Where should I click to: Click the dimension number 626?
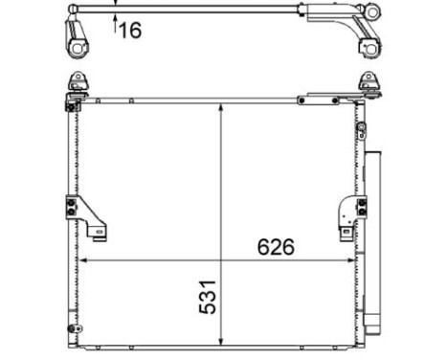[276, 246]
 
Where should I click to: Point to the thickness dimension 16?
[129, 31]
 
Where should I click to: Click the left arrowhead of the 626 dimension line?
[82, 259]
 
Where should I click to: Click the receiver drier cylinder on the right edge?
[373, 239]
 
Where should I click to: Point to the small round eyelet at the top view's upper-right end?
[373, 11]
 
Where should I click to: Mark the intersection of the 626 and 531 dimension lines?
[222, 259]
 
